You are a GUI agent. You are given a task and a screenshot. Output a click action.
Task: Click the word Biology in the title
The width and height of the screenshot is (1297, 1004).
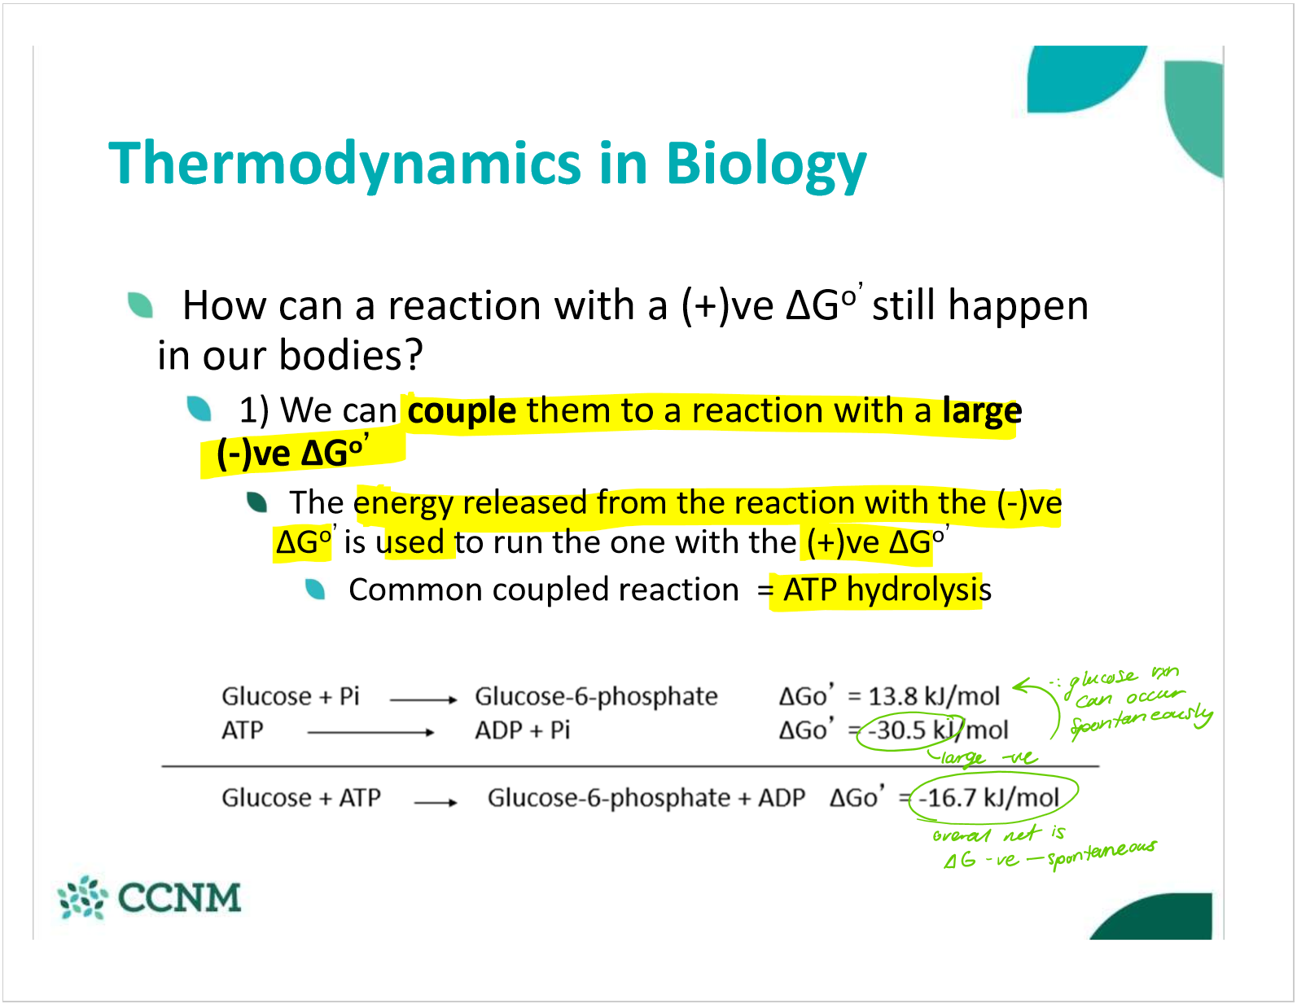click(x=766, y=165)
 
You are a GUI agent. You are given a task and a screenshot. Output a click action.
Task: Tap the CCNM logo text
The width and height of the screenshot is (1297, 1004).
click(x=180, y=897)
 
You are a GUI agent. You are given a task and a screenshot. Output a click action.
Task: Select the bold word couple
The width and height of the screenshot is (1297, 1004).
click(x=461, y=411)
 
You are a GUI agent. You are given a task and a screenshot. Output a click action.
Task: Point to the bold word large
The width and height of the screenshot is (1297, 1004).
click(x=982, y=411)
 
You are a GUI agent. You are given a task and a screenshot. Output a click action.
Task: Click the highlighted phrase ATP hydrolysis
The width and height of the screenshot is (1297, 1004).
click(x=887, y=590)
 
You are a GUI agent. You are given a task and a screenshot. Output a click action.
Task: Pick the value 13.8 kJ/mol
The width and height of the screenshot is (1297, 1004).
click(x=934, y=696)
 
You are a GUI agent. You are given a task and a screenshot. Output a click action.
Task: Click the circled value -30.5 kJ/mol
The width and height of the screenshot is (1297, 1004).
click(x=938, y=730)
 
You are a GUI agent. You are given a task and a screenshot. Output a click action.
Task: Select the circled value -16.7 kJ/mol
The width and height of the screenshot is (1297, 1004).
click(x=988, y=797)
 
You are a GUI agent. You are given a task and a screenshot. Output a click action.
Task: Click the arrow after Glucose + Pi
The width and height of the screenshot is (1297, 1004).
click(x=423, y=699)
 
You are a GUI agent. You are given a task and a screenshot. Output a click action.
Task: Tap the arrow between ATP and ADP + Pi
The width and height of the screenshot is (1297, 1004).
click(x=370, y=732)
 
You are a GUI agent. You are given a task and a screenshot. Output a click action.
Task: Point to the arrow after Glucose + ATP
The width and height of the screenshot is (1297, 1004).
click(x=435, y=803)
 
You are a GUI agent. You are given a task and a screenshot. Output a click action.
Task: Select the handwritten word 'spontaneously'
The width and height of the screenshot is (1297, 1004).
click(x=1141, y=721)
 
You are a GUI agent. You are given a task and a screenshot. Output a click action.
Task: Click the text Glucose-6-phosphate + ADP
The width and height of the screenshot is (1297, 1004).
click(x=646, y=798)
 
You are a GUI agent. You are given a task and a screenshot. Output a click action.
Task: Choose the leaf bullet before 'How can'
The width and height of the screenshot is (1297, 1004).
click(x=140, y=305)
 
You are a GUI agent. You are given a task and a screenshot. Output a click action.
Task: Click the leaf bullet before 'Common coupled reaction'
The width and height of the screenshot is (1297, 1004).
click(x=314, y=590)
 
